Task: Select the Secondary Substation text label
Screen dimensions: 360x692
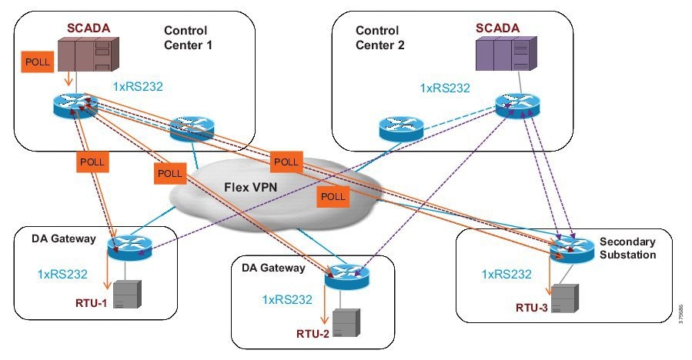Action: coord(628,248)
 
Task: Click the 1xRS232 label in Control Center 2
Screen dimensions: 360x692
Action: coord(445,88)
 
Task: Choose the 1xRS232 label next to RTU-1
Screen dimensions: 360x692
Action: coord(62,273)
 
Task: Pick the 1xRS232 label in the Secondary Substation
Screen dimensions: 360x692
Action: coord(506,274)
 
